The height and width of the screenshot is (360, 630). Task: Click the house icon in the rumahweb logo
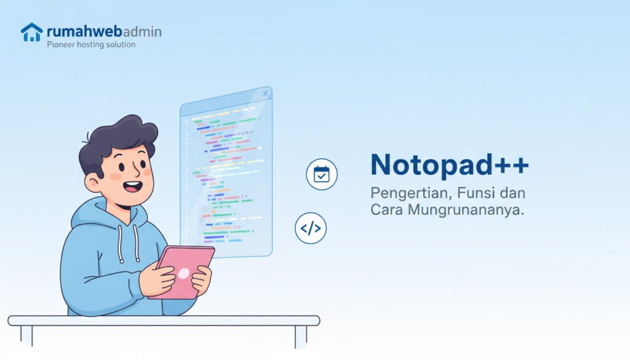coord(31,32)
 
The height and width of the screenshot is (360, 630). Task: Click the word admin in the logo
coord(142,31)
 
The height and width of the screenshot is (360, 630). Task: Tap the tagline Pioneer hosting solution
coord(91,45)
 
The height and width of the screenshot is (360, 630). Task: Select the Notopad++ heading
coord(449,165)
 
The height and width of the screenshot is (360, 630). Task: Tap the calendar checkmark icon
coord(322,174)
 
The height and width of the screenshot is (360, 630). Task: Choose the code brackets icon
coord(311,228)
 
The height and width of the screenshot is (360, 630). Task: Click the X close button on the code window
coord(265,94)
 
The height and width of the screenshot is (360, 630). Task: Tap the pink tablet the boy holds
coord(181,271)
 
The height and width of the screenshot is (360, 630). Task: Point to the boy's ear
coord(92,182)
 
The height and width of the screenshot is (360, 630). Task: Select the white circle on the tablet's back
coord(183,273)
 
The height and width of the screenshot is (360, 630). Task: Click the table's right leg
coord(300,336)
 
